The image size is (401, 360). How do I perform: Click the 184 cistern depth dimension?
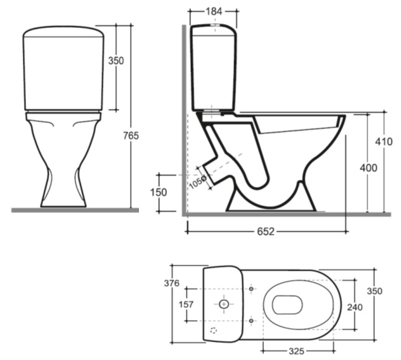(214, 11)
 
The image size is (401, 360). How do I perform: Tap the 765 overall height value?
(131, 136)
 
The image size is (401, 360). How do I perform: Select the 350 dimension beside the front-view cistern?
(116, 61)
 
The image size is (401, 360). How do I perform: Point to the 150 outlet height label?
(159, 192)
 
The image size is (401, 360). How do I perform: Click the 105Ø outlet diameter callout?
(198, 182)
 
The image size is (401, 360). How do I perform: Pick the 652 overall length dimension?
(265, 231)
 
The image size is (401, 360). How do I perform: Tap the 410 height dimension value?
(384, 141)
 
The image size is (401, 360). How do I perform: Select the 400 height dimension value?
(368, 168)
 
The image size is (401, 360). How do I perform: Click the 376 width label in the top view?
(172, 283)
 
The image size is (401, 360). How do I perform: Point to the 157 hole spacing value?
(186, 304)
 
